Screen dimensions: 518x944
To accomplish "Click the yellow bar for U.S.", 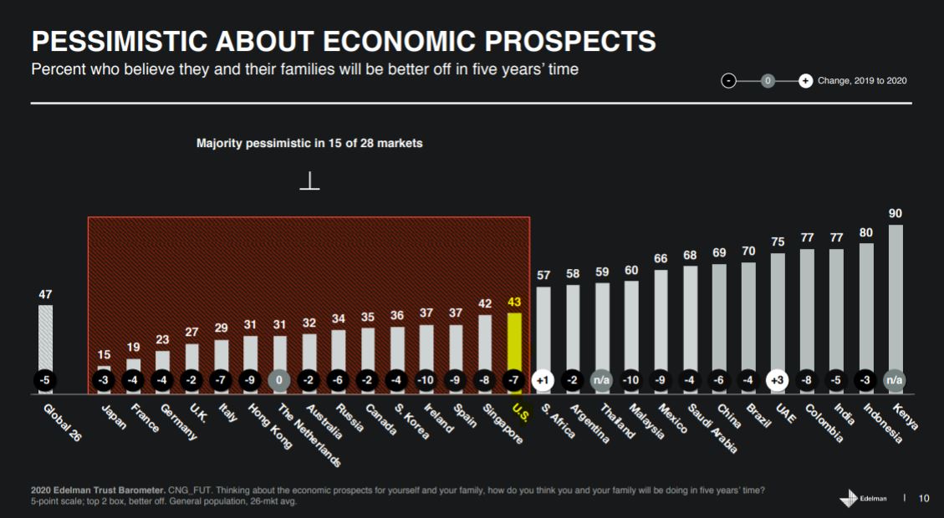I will (x=514, y=343).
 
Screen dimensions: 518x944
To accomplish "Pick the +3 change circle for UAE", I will (x=778, y=380).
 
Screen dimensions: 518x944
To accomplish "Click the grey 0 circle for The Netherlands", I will (x=280, y=380).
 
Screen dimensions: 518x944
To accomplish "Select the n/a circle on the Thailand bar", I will (x=602, y=380).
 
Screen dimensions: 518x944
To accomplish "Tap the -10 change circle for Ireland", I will (x=426, y=380).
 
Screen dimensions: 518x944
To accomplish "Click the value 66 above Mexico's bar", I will (x=661, y=258).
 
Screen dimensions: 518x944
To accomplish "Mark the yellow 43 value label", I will (x=514, y=302).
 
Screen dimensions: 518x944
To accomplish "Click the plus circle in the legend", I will (x=805, y=81).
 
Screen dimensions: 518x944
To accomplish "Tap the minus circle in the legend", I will (x=729, y=81).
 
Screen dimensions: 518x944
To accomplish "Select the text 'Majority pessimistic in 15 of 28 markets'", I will (x=309, y=143).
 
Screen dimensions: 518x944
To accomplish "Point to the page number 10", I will (x=924, y=499).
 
